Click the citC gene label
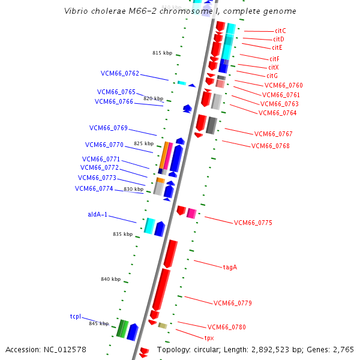pyautogui.click(x=280, y=31)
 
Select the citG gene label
pyautogui.click(x=272, y=76)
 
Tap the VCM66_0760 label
pyautogui.click(x=283, y=85)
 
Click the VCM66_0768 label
pyautogui.click(x=270, y=146)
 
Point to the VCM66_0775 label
pyautogui.click(x=253, y=223)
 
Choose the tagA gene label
pyautogui.click(x=230, y=267)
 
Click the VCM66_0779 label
pyautogui.click(x=232, y=303)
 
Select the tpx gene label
pyautogui.click(x=209, y=338)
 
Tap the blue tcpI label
pyautogui.click(x=75, y=316)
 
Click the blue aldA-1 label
pyautogui.click(x=98, y=214)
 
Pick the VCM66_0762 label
pyautogui.click(x=119, y=74)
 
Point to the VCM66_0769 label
pyautogui.click(x=109, y=128)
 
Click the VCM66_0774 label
pyautogui.click(x=94, y=188)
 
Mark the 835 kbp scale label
pyautogui.click(x=122, y=234)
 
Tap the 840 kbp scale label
pyautogui.click(x=110, y=279)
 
